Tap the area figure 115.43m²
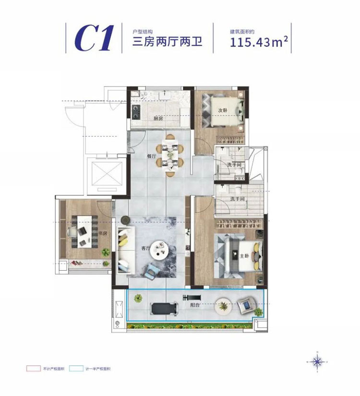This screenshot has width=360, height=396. [x=259, y=42]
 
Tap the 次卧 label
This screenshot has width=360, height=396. [x=222, y=110]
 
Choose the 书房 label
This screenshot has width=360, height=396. [x=102, y=234]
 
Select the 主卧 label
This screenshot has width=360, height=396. [x=244, y=255]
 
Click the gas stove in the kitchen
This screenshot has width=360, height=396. [x=135, y=114]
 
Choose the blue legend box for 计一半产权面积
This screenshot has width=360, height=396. [x=75, y=369]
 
